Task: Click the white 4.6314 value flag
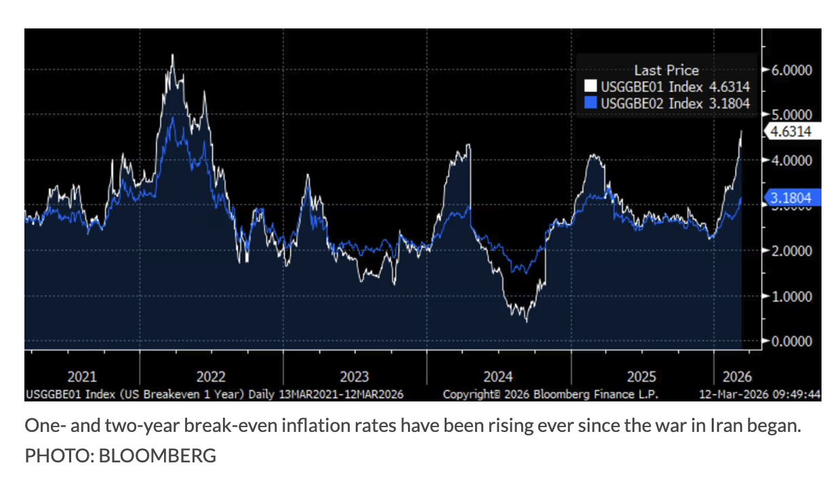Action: tap(791, 132)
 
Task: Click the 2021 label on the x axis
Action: tap(82, 377)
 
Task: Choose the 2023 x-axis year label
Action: tap(354, 377)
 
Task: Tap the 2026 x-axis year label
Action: tap(737, 377)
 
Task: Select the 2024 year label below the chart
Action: tap(498, 377)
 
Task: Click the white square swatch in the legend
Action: tap(590, 87)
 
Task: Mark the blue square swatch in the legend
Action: tap(590, 104)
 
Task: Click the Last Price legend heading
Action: tap(666, 70)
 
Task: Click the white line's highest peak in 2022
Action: tap(172, 56)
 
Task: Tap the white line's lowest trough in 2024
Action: tap(527, 320)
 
